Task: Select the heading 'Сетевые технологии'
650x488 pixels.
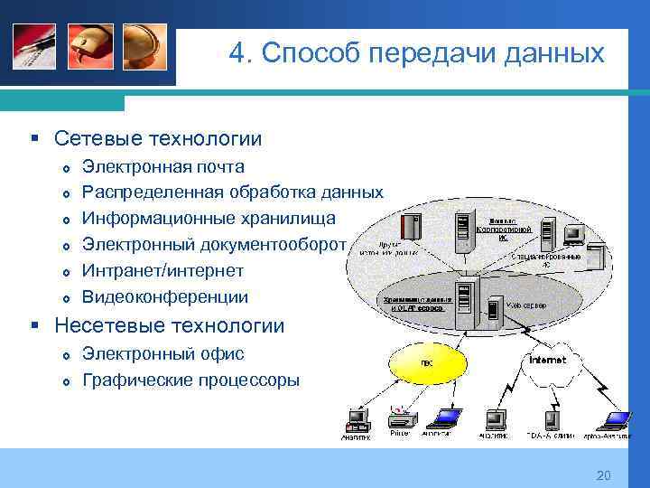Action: click(x=158, y=138)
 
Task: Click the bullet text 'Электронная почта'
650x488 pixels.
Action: click(x=162, y=166)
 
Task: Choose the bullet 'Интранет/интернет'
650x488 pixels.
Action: click(x=163, y=271)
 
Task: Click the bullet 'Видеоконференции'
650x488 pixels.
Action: click(x=165, y=297)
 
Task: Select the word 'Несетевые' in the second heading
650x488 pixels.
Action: click(x=106, y=325)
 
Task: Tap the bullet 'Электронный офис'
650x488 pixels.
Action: click(x=163, y=354)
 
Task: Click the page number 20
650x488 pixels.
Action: click(x=604, y=476)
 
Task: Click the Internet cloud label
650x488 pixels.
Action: click(x=547, y=360)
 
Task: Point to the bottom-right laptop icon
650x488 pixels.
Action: click(x=617, y=419)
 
